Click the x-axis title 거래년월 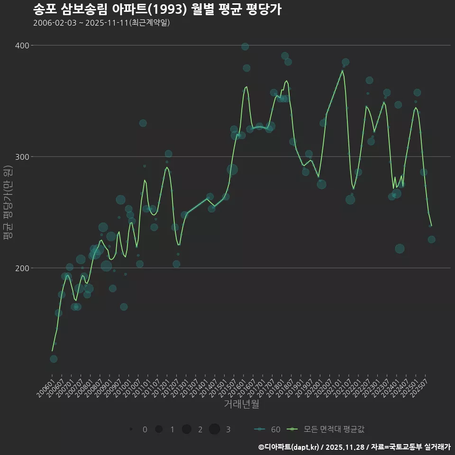point(241,404)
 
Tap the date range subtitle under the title point(101,23)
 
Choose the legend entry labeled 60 point(267,429)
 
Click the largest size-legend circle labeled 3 point(215,429)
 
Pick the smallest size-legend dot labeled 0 point(131,429)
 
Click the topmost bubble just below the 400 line point(245,46)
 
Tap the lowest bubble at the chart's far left point(54,359)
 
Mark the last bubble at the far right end point(431,239)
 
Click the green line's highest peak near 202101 point(342,71)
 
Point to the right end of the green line point(431,226)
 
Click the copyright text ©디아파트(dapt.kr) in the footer point(289,447)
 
